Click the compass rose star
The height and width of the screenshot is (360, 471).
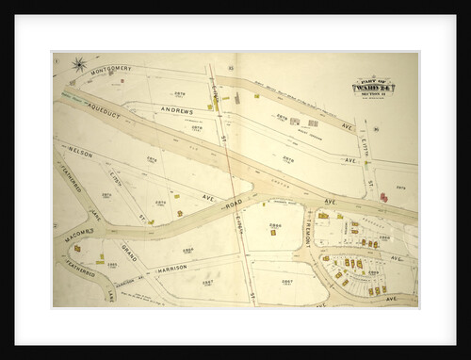point(78,65)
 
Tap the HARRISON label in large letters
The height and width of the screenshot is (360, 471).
point(172,268)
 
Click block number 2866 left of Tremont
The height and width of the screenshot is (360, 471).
point(275,227)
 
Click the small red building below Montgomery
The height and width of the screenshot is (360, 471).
point(209,106)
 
